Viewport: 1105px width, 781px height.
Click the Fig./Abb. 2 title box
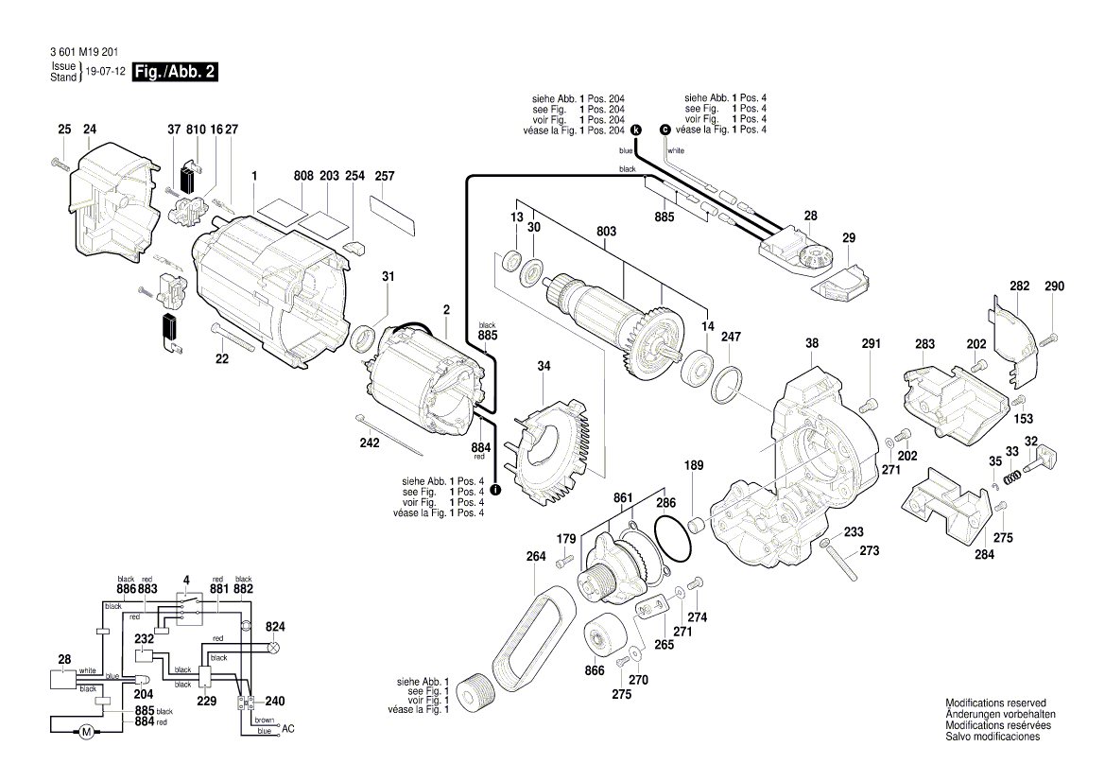pyautogui.click(x=176, y=73)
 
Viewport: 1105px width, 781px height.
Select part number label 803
pyautogui.click(x=606, y=232)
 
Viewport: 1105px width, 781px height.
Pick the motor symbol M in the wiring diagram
pyautogui.click(x=85, y=731)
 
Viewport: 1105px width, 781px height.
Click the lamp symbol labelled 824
pyautogui.click(x=275, y=649)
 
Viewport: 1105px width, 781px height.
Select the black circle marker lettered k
pyautogui.click(x=635, y=130)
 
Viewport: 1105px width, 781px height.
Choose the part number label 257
pyautogui.click(x=385, y=177)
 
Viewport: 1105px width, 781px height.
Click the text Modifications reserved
pyautogui.click(x=995, y=703)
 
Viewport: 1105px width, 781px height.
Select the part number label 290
pyautogui.click(x=1054, y=286)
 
